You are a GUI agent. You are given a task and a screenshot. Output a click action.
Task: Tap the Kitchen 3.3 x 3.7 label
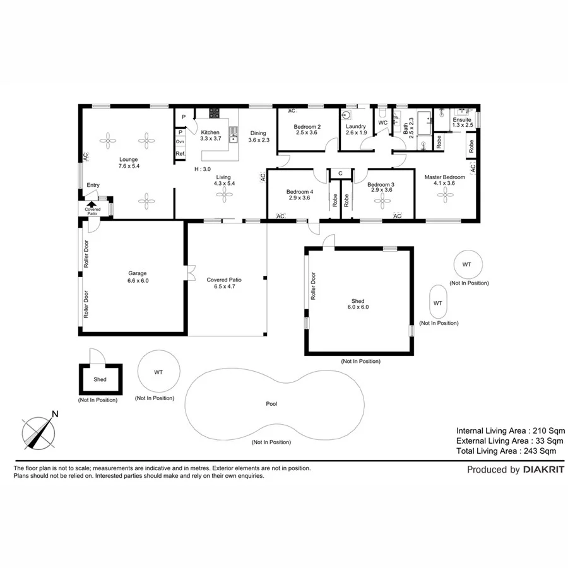[x=210, y=135]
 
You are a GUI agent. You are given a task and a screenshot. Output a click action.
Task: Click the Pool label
[x=272, y=403]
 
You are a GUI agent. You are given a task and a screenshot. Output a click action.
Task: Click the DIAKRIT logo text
[x=543, y=470]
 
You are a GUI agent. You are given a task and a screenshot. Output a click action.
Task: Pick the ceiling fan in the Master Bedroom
[x=446, y=196]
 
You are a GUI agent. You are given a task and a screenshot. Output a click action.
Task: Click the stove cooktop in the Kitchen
[x=215, y=114]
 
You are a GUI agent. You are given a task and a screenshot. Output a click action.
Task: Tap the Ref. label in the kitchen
[x=180, y=154]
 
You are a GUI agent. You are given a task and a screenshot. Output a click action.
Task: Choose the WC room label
[x=382, y=122]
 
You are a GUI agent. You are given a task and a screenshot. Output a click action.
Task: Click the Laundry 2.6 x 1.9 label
[x=356, y=129]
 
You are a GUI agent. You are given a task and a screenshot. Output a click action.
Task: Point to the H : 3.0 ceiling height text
[x=202, y=170]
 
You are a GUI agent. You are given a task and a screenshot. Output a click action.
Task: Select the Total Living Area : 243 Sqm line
[x=506, y=451]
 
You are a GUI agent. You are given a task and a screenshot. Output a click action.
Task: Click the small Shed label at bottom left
[x=100, y=380]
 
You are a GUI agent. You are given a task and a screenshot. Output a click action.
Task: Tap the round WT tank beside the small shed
[x=158, y=372]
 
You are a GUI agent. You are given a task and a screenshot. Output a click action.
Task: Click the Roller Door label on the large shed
[x=313, y=286]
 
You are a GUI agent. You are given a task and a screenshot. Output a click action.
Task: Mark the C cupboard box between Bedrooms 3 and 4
[x=340, y=173]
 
